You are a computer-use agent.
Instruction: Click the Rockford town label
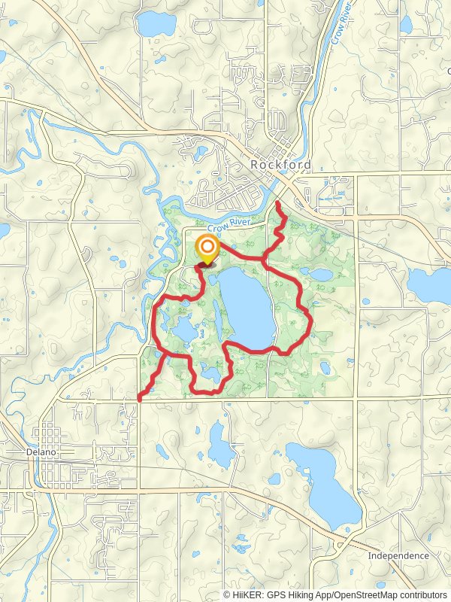pos(276,165)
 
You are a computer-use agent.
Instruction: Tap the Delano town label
pos(23,455)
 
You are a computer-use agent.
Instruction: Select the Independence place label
pos(398,556)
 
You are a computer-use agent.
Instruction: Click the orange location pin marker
pos(207,248)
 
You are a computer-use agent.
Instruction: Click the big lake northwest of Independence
pos(324,482)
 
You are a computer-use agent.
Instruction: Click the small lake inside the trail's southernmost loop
pos(210,373)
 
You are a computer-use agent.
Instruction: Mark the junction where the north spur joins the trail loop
pos(264,260)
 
